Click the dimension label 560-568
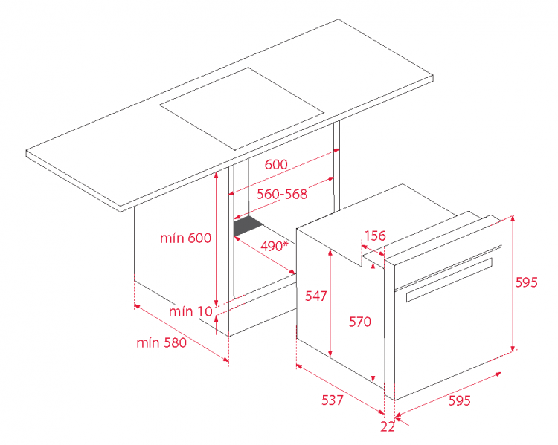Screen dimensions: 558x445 point(282,194)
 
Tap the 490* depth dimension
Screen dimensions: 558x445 point(274,246)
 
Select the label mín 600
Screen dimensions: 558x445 point(185,238)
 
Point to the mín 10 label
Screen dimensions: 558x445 point(190,311)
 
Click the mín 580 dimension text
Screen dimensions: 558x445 point(161,342)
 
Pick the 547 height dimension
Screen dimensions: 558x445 point(315,296)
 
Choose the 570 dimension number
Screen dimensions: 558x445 point(360,322)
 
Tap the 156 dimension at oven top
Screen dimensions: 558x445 point(375,236)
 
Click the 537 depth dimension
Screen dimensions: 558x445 point(333,400)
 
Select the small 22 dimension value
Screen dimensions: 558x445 point(388,426)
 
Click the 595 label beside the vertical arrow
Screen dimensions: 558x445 point(526,282)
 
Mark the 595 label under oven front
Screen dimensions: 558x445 point(459,400)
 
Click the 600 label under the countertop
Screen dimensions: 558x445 point(276,165)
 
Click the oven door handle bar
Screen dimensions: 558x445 point(449,280)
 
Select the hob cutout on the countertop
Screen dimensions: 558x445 point(242,108)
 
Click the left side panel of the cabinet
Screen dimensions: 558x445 point(181,259)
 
